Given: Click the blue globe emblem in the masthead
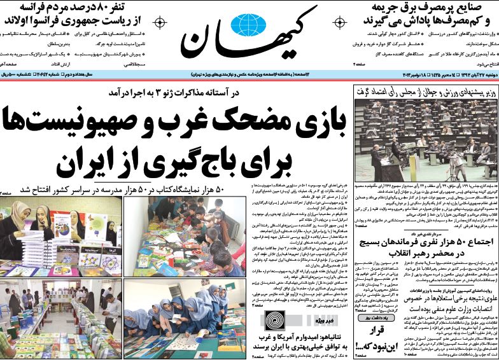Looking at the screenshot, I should point(248,25).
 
